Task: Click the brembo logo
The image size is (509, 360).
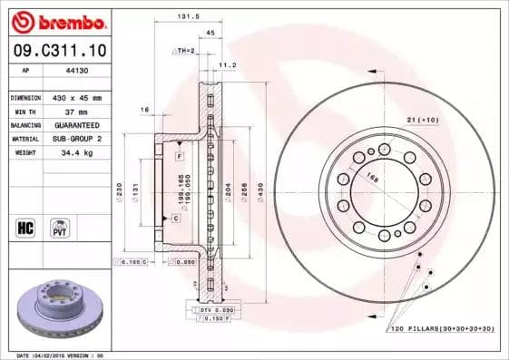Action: pos(56,20)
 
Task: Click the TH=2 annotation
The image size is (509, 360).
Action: pos(185,50)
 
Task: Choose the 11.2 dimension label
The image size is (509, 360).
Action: pos(228,65)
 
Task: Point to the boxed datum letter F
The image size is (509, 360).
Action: pos(180,156)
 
